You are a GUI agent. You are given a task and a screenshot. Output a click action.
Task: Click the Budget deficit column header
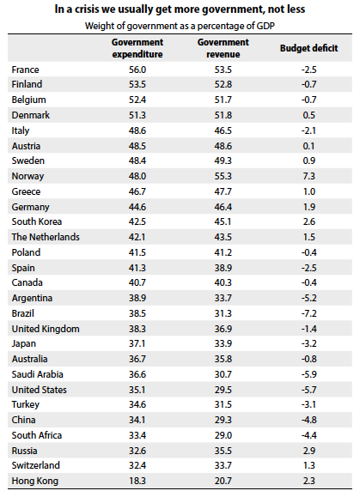[309, 48]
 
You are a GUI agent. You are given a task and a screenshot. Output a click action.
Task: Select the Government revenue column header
[223, 48]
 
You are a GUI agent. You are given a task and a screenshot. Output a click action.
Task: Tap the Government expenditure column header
[137, 48]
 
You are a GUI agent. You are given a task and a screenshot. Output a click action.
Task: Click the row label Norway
[27, 176]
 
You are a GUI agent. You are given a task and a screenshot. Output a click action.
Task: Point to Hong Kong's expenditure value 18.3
[137, 481]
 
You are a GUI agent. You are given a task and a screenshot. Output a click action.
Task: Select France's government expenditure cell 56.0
[137, 70]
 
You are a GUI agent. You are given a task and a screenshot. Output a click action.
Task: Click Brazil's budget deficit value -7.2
[309, 313]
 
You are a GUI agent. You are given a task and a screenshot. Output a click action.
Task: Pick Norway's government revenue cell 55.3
[223, 176]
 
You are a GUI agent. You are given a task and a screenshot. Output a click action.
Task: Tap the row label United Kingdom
[46, 329]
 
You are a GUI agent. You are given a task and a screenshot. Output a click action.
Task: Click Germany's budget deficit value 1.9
[309, 207]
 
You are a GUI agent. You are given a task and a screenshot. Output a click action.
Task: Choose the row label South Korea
[36, 221]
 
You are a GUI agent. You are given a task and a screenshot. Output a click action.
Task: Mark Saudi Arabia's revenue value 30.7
[223, 374]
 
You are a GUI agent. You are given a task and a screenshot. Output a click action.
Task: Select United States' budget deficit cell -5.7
[309, 390]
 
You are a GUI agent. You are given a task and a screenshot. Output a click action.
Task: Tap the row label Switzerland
[35, 465]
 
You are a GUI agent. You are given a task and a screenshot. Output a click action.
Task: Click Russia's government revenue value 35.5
[223, 451]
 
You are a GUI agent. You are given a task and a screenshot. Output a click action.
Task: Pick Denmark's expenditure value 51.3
[137, 115]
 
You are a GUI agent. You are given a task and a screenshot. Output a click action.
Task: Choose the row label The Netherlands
[46, 237]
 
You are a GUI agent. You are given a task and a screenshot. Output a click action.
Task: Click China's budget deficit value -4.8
[309, 420]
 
